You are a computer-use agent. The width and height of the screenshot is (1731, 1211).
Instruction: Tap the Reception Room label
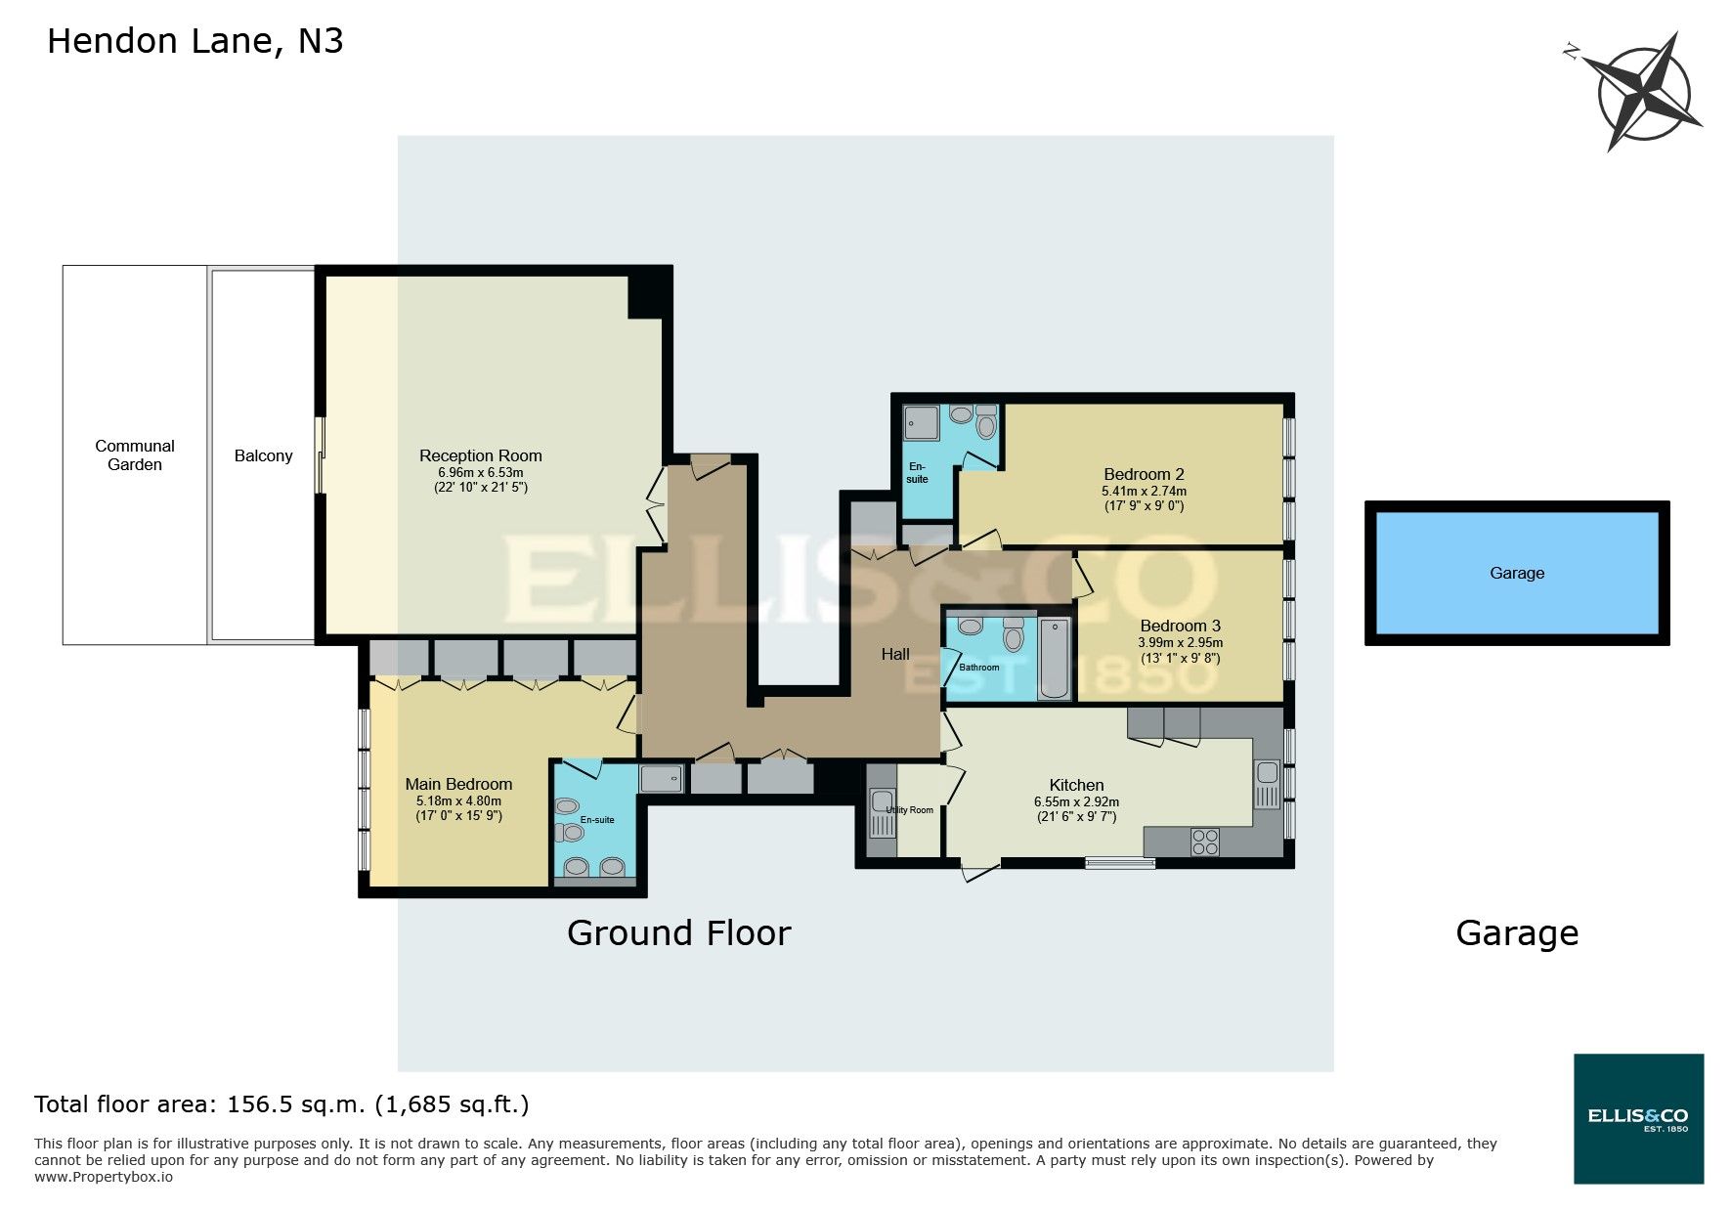(480, 455)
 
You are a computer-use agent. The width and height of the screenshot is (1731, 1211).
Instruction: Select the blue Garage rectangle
(1517, 573)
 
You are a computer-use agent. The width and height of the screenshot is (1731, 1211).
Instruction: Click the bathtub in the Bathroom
(1055, 658)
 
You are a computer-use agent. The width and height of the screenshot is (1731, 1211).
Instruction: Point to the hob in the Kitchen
(1205, 842)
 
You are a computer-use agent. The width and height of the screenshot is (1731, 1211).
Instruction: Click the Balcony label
(263, 455)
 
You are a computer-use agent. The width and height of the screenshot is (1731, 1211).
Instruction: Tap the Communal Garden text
(135, 454)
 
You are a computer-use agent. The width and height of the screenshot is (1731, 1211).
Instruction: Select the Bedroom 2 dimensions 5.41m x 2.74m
(1144, 492)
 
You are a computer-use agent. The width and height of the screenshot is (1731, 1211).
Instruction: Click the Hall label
(895, 654)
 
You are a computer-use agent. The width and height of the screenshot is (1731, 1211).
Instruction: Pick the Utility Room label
(910, 810)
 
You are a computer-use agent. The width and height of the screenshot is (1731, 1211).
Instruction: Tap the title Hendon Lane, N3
(195, 41)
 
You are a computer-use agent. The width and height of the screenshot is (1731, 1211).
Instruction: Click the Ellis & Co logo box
(1638, 1118)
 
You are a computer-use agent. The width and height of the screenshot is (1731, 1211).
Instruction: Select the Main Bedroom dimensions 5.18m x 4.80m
(458, 801)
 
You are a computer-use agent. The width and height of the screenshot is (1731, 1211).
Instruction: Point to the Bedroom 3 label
(1180, 626)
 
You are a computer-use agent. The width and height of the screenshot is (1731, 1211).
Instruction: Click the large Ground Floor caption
(678, 933)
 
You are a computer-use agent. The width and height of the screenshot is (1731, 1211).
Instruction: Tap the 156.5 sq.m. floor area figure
(296, 1105)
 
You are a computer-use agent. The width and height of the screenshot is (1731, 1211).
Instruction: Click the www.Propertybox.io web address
(104, 1177)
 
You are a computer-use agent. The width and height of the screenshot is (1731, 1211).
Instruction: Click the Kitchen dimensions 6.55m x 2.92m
(1076, 801)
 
